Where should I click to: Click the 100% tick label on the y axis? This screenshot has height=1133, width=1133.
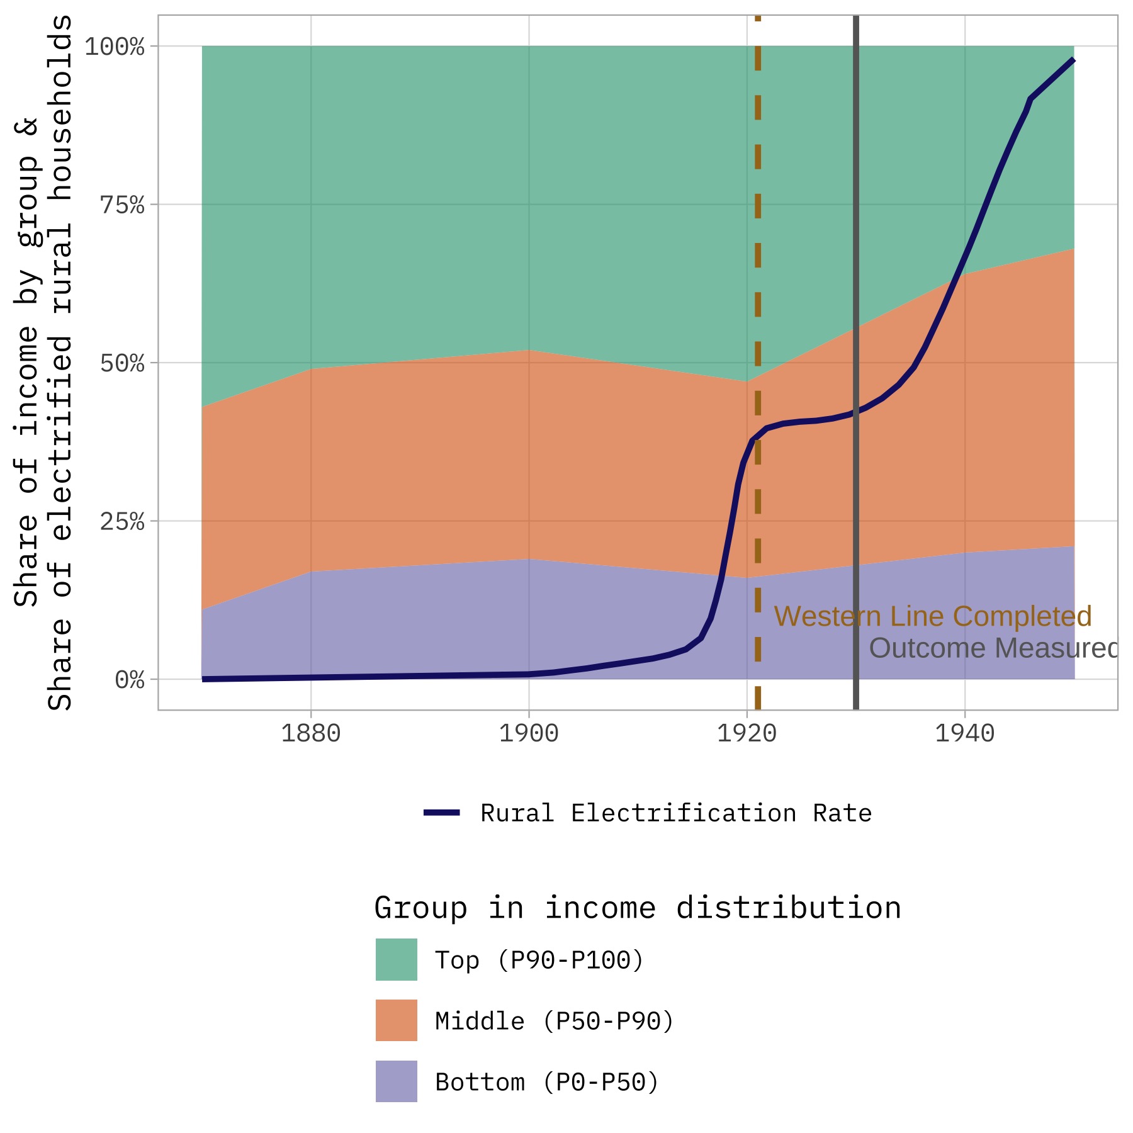(x=115, y=47)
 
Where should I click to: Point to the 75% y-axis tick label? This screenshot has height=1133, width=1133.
(x=122, y=205)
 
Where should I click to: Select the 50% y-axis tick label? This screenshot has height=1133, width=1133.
(x=122, y=364)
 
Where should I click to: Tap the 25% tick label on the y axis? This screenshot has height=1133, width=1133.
(x=122, y=522)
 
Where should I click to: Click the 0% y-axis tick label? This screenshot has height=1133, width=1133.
(x=130, y=680)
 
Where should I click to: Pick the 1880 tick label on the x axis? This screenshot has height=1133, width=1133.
(x=310, y=734)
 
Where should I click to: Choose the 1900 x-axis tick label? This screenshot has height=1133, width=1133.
(x=529, y=734)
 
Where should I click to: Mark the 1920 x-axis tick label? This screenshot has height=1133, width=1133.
(x=747, y=734)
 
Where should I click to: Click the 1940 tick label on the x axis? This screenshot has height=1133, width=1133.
(x=964, y=734)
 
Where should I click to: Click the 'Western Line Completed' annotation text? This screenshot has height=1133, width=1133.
(x=932, y=617)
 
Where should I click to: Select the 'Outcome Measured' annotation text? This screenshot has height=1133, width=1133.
(x=993, y=648)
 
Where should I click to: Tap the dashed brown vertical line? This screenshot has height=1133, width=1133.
(x=758, y=252)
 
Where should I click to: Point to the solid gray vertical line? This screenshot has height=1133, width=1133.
(x=856, y=189)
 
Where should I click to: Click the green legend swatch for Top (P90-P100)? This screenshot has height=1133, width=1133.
(x=396, y=959)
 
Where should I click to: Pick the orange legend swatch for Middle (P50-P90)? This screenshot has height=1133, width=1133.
(x=396, y=1020)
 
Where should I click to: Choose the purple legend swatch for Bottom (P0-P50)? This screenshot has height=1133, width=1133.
(x=396, y=1081)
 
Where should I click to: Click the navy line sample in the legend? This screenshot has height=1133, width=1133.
(x=442, y=813)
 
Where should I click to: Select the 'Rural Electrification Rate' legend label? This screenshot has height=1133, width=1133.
(x=675, y=813)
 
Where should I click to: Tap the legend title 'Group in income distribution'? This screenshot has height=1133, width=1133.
(x=637, y=908)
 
